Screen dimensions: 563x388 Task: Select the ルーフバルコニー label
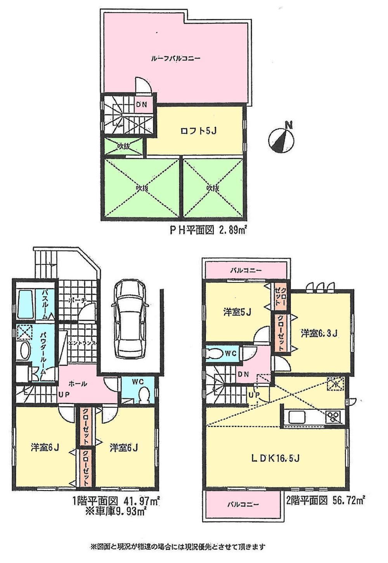pos(175,59)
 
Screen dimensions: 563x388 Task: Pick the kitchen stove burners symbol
pos(333,417)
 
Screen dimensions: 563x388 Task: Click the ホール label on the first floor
pos(78,383)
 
